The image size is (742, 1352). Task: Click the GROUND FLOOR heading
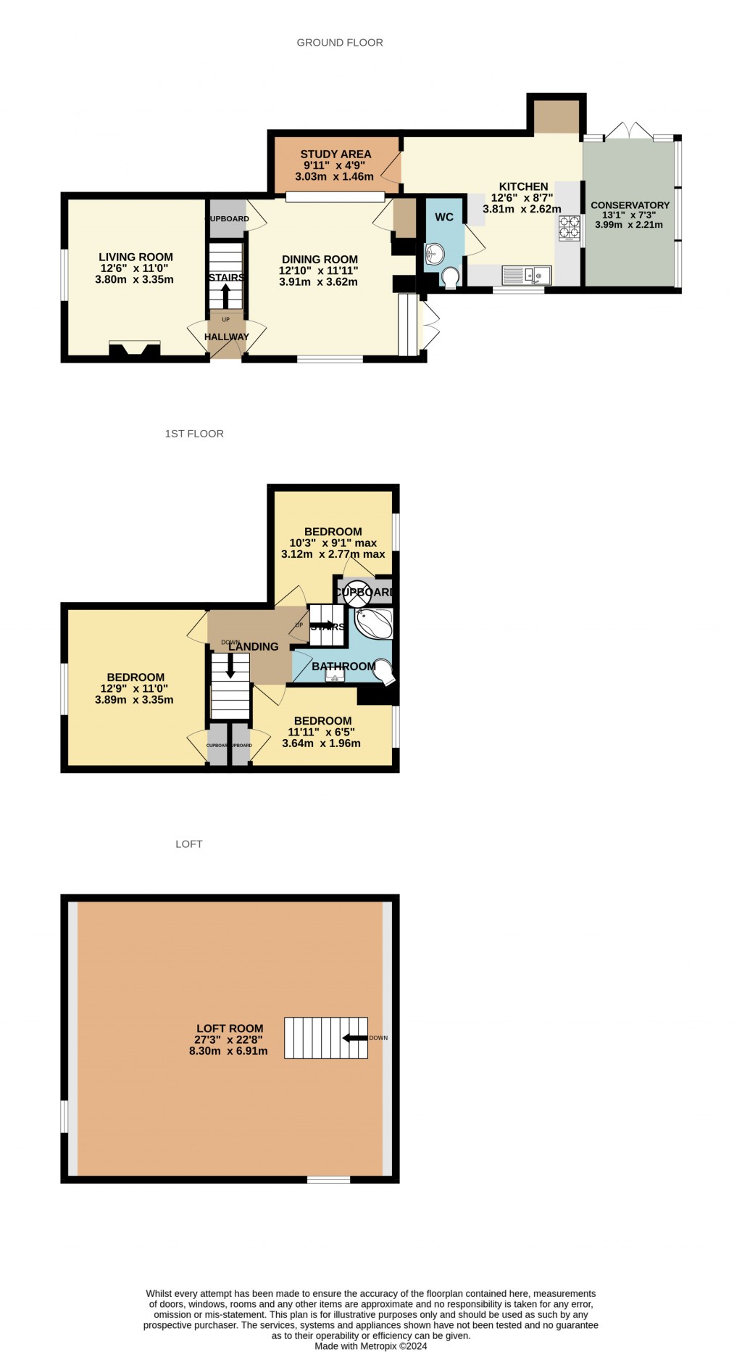(340, 43)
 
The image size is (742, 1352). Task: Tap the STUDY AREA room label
(335, 154)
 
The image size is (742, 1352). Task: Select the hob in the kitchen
(569, 228)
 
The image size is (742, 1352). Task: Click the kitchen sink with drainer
(527, 275)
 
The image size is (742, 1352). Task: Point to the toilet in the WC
(449, 278)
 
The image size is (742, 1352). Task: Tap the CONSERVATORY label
(630, 205)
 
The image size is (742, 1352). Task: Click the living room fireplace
(134, 350)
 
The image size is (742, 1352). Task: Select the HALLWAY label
(226, 337)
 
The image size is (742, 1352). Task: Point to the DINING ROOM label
(320, 259)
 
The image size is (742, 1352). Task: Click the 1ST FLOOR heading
(194, 434)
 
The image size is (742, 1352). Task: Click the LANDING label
(253, 646)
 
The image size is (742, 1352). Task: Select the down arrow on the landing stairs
(230, 666)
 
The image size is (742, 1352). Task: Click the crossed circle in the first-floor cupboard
(357, 592)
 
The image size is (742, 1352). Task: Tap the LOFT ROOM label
(230, 1028)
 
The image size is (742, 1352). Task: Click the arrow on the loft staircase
(354, 1038)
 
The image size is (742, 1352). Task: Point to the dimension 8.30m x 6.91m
(228, 1050)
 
